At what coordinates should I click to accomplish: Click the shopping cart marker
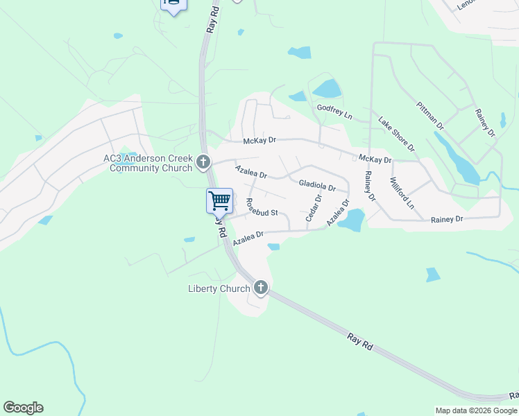[219, 200]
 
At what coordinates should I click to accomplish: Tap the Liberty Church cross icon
[261, 287]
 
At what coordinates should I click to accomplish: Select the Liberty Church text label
[220, 288]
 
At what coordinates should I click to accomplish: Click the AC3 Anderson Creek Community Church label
[148, 163]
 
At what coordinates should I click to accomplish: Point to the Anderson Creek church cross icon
[203, 162]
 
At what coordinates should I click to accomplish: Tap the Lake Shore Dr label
[396, 134]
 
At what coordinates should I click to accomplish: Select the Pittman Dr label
[430, 115]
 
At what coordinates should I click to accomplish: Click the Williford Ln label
[402, 193]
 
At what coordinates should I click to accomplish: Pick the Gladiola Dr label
[317, 186]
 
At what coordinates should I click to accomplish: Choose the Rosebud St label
[262, 208]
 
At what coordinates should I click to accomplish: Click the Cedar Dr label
[313, 208]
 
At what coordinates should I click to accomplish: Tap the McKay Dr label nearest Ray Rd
[259, 140]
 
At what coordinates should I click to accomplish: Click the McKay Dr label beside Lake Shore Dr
[375, 159]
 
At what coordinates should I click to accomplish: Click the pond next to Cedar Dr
[352, 220]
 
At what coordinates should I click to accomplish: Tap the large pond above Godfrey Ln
[327, 89]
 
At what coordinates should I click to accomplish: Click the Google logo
[23, 408]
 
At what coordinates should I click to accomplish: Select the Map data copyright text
[475, 410]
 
